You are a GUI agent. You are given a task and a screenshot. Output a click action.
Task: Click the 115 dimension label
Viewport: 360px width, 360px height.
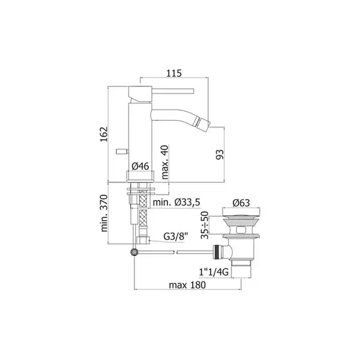click(174, 73)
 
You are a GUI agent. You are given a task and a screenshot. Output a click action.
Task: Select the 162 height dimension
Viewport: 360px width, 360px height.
click(104, 134)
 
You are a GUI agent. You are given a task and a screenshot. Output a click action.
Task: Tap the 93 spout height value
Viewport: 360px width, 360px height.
click(220, 154)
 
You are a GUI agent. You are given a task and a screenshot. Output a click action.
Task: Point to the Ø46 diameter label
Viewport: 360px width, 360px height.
click(140, 166)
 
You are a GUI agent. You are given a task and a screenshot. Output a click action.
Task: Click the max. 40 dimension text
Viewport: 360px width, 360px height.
click(165, 162)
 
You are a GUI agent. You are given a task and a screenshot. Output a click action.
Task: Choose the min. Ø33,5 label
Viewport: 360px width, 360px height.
click(176, 202)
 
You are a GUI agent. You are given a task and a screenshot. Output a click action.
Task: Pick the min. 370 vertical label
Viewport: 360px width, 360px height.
click(104, 213)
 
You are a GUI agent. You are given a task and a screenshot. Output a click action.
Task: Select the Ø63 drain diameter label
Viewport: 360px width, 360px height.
click(241, 203)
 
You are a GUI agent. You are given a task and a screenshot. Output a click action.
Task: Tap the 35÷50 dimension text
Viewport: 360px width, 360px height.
click(205, 225)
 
